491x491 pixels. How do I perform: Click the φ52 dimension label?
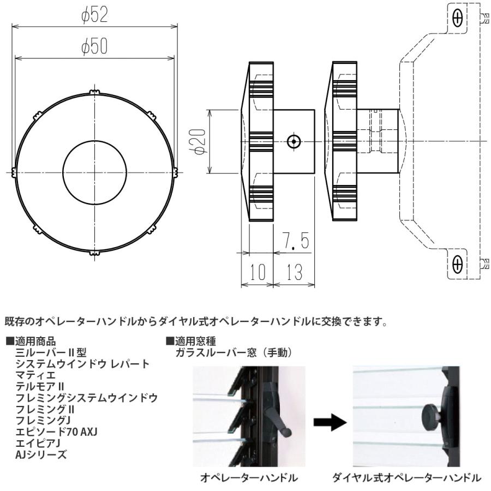[95, 16]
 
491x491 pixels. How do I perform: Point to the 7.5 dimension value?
[296, 241]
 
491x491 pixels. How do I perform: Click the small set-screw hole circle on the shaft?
[294, 142]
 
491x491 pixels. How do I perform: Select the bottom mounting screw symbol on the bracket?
[457, 265]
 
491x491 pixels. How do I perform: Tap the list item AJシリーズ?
[41, 454]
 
